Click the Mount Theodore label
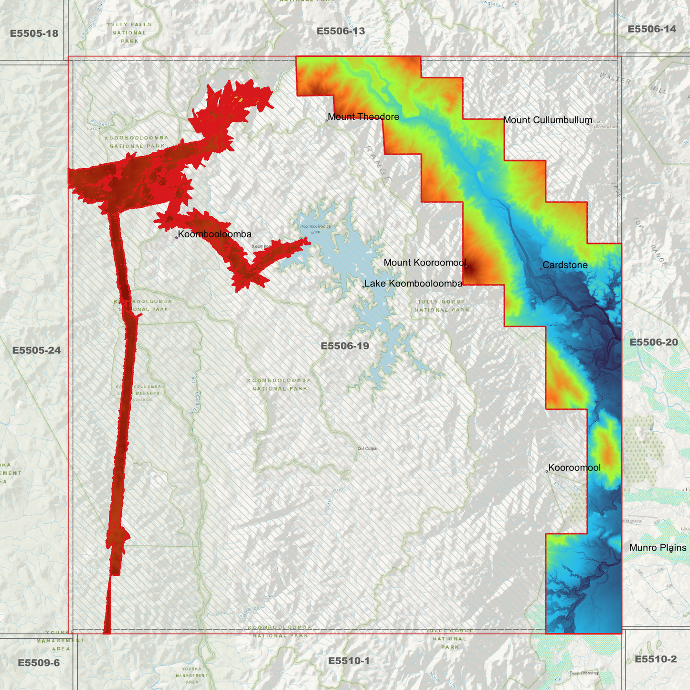click(x=363, y=117)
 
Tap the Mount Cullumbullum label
click(x=547, y=120)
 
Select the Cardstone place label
click(x=565, y=265)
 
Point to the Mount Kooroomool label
click(x=425, y=263)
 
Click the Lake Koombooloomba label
click(x=413, y=284)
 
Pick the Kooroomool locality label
click(x=574, y=467)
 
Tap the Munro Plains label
click(x=658, y=548)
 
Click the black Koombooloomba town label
click(x=214, y=234)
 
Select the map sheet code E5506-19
click(x=345, y=346)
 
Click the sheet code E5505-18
click(x=34, y=33)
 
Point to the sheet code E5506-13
click(x=340, y=31)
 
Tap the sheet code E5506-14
click(x=652, y=29)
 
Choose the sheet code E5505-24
click(x=36, y=350)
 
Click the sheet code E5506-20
click(x=654, y=342)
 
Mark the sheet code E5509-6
click(x=39, y=663)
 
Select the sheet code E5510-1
click(x=349, y=661)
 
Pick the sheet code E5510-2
click(x=656, y=659)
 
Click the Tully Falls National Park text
click(x=129, y=33)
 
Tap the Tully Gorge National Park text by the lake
click(x=441, y=306)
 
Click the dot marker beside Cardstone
click(x=541, y=269)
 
